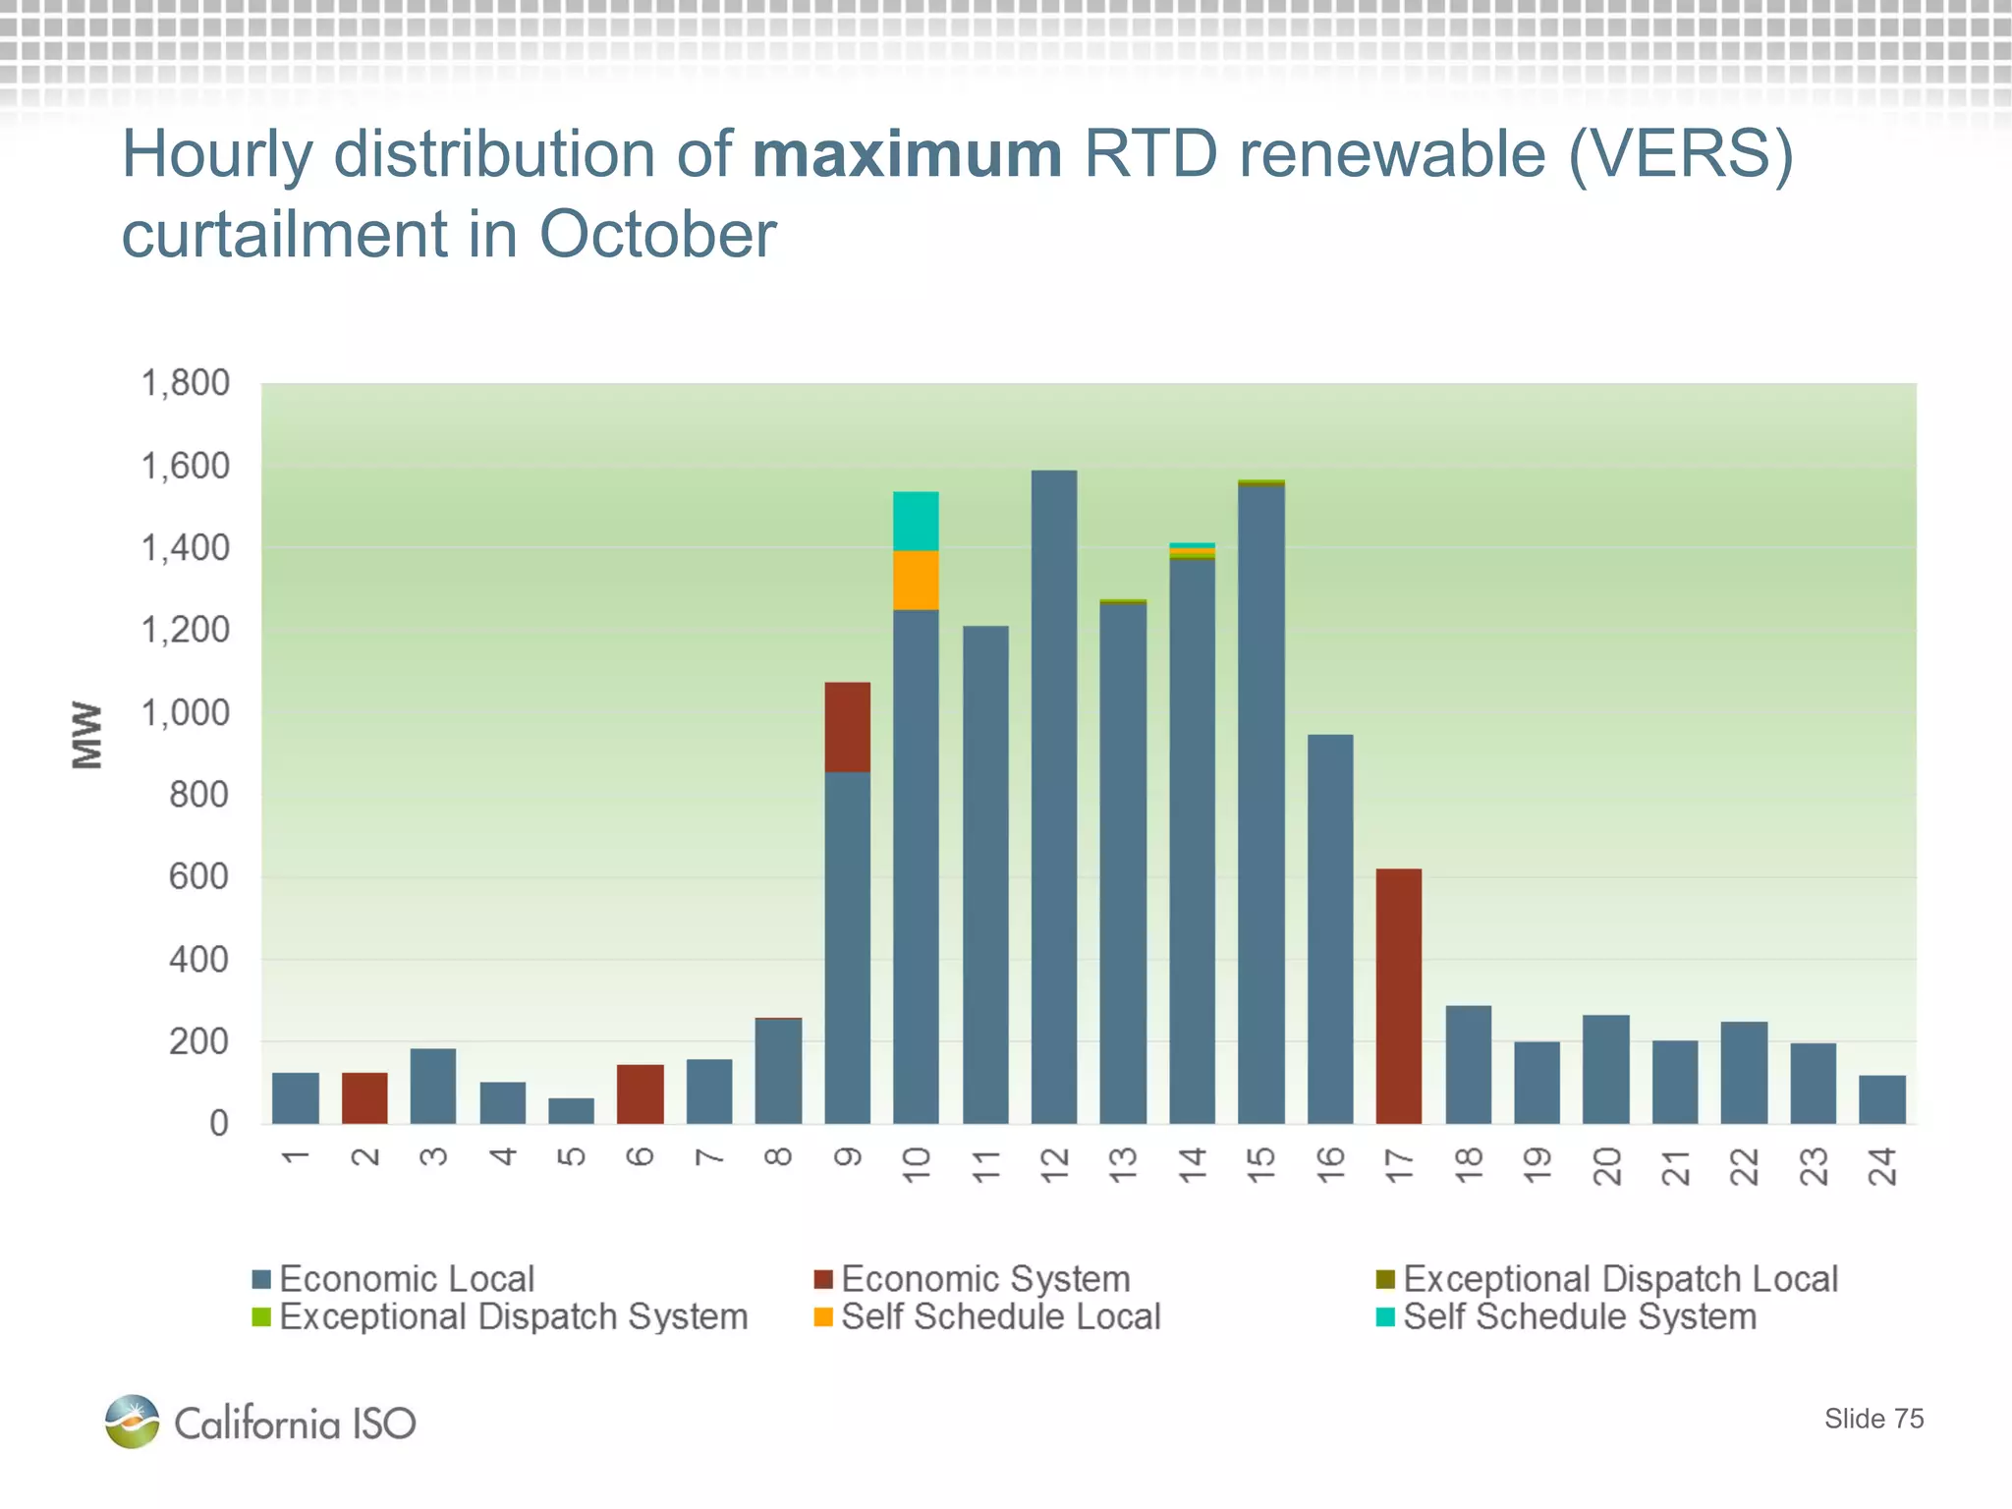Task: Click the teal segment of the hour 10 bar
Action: pyautogui.click(x=916, y=521)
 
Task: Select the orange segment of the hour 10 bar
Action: pyautogui.click(x=916, y=580)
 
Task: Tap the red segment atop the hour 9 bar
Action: pyautogui.click(x=847, y=727)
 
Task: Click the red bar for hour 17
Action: pyautogui.click(x=1398, y=995)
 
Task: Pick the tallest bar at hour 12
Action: pyautogui.click(x=1054, y=796)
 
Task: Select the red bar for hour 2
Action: pyautogui.click(x=364, y=1097)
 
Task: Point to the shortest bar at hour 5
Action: pyautogui.click(x=571, y=1110)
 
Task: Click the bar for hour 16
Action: pyautogui.click(x=1330, y=928)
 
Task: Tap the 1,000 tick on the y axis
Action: pyautogui.click(x=186, y=712)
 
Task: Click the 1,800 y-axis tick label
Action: pyautogui.click(x=186, y=383)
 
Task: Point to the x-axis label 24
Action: pyautogui.click(x=1882, y=1166)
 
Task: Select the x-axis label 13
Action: pyautogui.click(x=1123, y=1166)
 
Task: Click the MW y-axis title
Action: pyautogui.click(x=87, y=735)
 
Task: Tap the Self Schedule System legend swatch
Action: pyautogui.click(x=1385, y=1316)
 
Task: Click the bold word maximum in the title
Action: pyautogui.click(x=907, y=155)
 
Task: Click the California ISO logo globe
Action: pyautogui.click(x=133, y=1421)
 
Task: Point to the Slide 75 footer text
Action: pyautogui.click(x=1873, y=1419)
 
